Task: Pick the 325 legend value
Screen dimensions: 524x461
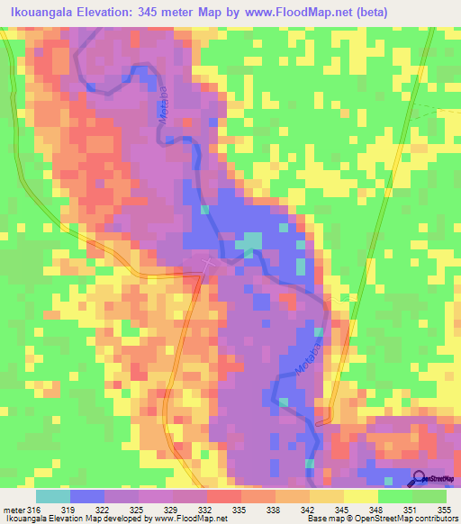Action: click(140, 510)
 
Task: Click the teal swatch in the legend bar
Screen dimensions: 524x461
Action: click(53, 496)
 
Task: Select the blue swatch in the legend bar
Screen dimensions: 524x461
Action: click(87, 496)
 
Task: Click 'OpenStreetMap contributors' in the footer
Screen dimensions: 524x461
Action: click(406, 519)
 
